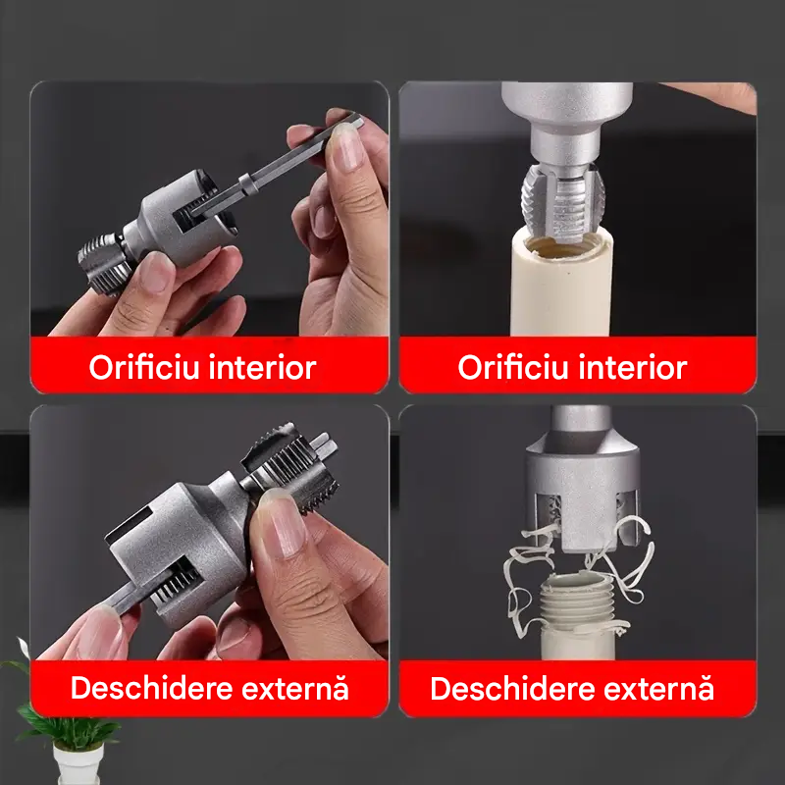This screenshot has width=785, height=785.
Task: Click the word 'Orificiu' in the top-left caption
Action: click(144, 367)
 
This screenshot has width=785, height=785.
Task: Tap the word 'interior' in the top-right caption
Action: click(633, 367)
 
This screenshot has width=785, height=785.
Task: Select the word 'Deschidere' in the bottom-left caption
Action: click(151, 688)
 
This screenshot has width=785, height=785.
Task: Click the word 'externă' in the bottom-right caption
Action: click(658, 688)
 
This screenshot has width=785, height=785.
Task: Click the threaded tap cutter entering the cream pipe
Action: click(563, 203)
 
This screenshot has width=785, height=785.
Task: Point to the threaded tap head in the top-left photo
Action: click(104, 264)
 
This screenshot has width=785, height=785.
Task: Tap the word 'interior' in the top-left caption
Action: click(262, 367)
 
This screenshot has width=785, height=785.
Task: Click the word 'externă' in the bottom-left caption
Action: click(295, 688)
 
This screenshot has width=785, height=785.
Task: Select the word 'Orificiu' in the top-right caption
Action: click(513, 367)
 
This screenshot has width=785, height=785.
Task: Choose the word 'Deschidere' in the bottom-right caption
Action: click(511, 688)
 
